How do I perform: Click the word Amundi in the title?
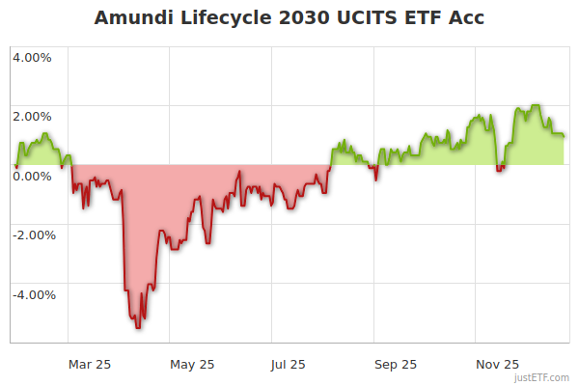pyautogui.click(x=137, y=18)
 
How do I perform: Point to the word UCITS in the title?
pyautogui.click(x=367, y=18)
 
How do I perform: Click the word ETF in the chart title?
pyautogui.click(x=426, y=18)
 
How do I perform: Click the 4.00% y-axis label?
pyautogui.click(x=32, y=57)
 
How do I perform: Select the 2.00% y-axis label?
pyautogui.click(x=32, y=117)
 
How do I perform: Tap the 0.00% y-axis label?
pyautogui.click(x=32, y=176)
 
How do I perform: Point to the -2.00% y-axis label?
pyautogui.click(x=30, y=234)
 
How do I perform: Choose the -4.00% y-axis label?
pyautogui.click(x=30, y=294)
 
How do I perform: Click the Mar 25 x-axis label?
pyautogui.click(x=90, y=364)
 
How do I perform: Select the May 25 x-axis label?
pyautogui.click(x=192, y=364)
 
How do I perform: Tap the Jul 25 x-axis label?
pyautogui.click(x=289, y=364)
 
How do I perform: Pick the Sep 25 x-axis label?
pyautogui.click(x=397, y=364)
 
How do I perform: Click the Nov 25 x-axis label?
pyautogui.click(x=498, y=364)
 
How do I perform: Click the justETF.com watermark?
pyautogui.click(x=542, y=377)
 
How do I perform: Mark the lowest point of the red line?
pyautogui.click(x=138, y=328)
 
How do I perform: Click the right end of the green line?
pyautogui.click(x=564, y=136)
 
